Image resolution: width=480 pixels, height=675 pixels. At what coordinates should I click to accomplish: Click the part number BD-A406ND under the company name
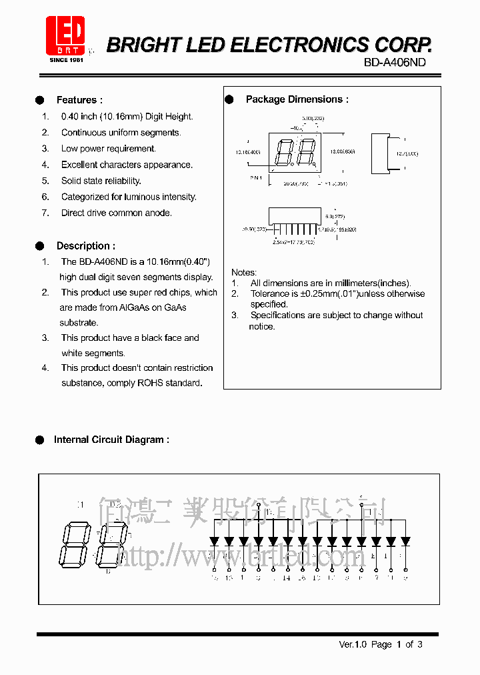(x=395, y=62)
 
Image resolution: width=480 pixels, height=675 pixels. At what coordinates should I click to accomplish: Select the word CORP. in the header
(x=403, y=45)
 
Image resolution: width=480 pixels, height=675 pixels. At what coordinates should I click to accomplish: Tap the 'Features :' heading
(x=79, y=100)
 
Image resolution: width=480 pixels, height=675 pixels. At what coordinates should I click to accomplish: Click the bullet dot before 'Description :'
(x=40, y=246)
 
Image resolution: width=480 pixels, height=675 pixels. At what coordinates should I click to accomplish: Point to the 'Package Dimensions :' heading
(x=297, y=99)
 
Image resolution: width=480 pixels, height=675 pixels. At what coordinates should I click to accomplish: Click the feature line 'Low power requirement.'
(x=108, y=149)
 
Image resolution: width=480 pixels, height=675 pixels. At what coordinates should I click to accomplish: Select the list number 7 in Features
(x=45, y=213)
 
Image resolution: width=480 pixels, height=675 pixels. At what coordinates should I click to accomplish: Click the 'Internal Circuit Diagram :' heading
(x=111, y=440)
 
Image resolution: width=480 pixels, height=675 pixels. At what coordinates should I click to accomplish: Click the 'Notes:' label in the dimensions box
(x=244, y=272)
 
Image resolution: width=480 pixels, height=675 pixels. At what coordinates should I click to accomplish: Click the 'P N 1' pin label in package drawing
(x=256, y=177)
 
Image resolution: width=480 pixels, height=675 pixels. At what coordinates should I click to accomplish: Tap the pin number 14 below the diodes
(x=287, y=578)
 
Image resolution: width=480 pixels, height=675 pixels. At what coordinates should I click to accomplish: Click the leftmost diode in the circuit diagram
(x=214, y=541)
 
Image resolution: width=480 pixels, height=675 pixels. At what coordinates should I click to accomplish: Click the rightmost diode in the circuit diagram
(x=405, y=541)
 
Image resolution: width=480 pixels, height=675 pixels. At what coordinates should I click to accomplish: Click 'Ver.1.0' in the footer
(x=353, y=644)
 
